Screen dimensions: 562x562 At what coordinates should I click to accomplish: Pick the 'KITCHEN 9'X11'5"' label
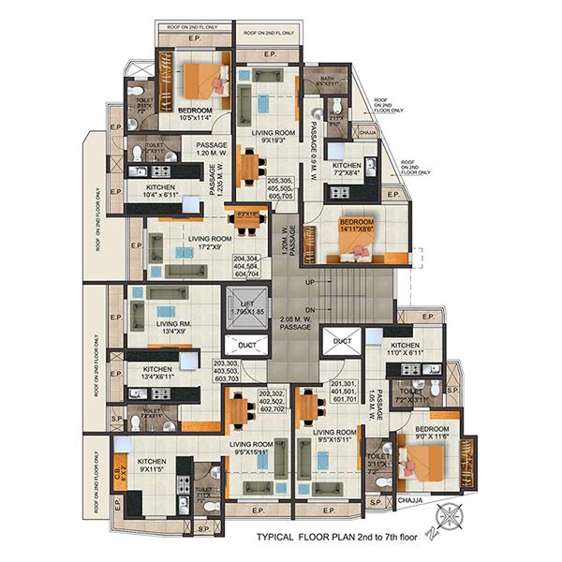pyautogui.click(x=152, y=466)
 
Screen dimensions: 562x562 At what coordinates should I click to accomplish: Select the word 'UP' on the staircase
pyautogui.click(x=310, y=282)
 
